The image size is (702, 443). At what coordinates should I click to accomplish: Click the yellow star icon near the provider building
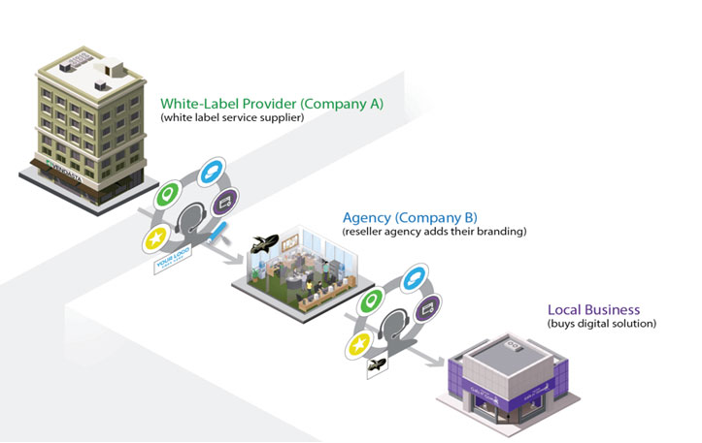pos(155,239)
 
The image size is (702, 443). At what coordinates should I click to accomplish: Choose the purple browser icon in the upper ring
pos(227,204)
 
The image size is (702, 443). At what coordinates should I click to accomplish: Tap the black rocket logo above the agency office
pos(263,243)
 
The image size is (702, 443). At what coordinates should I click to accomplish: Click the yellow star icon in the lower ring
pos(357,345)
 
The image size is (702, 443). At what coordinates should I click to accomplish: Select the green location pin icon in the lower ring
pos(371,302)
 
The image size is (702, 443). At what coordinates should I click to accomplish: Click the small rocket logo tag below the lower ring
pos(377,365)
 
